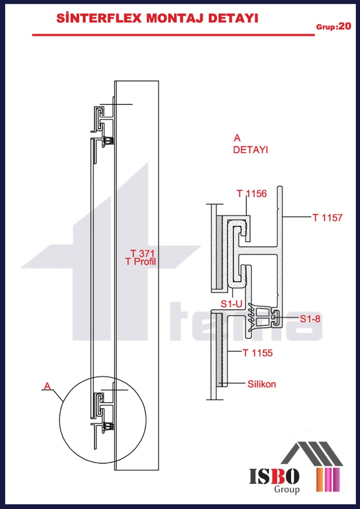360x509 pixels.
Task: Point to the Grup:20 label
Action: tap(333, 27)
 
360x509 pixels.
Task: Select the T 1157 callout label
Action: tap(327, 217)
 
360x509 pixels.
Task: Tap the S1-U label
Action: tap(232, 304)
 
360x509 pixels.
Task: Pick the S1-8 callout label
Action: tap(310, 319)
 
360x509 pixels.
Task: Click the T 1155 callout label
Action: tap(258, 353)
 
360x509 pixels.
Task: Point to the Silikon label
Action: tap(262, 385)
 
